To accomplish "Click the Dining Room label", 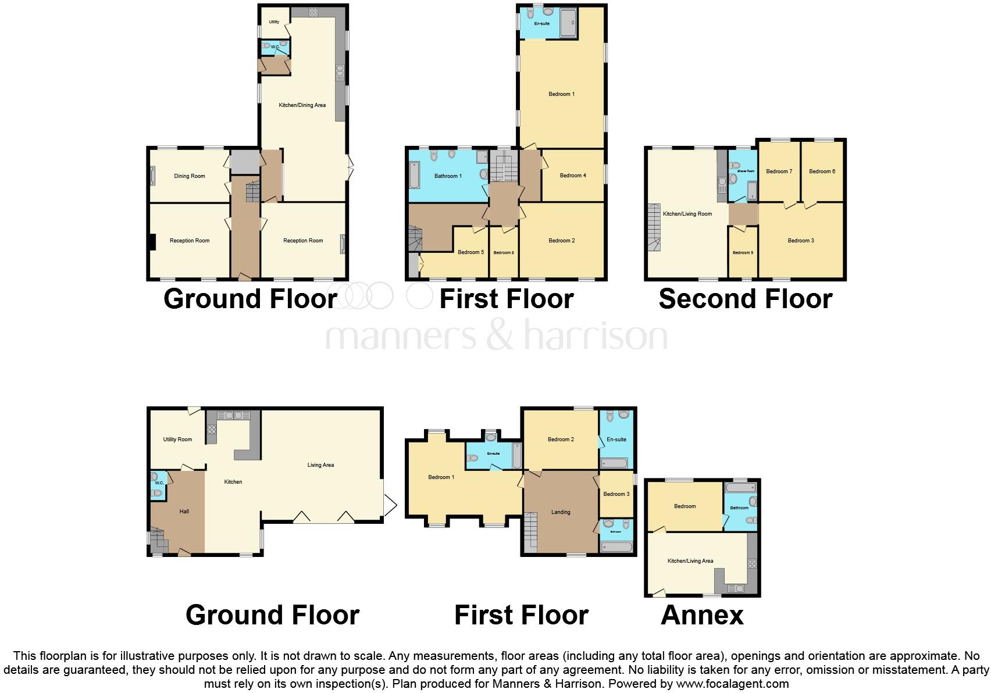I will click(x=190, y=176).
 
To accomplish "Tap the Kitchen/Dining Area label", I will click(x=302, y=105).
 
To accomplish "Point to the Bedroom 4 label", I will click(x=573, y=176).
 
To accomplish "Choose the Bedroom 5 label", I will click(x=470, y=252).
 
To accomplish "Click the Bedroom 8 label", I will click(x=504, y=253).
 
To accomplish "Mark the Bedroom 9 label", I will click(x=743, y=253).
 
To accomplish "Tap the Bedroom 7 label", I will click(x=779, y=172).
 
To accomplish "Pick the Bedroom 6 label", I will click(x=822, y=172).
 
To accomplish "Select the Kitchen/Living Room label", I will click(x=687, y=214).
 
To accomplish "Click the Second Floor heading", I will click(x=745, y=299).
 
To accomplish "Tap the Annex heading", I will click(x=702, y=615).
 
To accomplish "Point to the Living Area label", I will click(x=320, y=465).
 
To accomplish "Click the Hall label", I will click(x=184, y=512).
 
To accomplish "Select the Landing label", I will click(x=561, y=512).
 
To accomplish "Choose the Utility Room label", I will click(x=177, y=440).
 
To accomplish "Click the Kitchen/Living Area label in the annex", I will click(x=690, y=561).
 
